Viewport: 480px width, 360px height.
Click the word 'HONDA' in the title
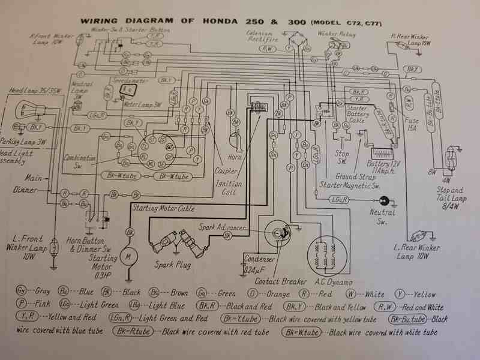pos(214,20)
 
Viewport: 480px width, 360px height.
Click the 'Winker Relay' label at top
pos(337,35)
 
